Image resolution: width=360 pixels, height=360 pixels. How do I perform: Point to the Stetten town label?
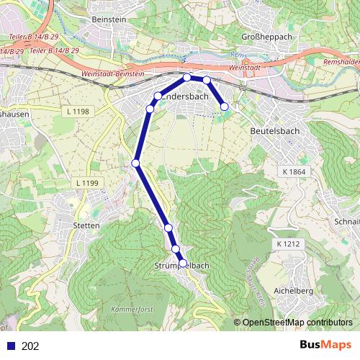click(86, 225)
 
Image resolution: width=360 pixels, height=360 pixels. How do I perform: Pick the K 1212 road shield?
click(287, 246)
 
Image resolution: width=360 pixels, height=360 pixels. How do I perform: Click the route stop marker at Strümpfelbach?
click(182, 264)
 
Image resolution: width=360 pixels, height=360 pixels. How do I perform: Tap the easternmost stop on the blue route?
click(224, 107)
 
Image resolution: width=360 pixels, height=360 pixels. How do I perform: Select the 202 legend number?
click(31, 346)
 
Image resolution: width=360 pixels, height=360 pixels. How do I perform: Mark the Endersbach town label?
click(186, 96)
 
